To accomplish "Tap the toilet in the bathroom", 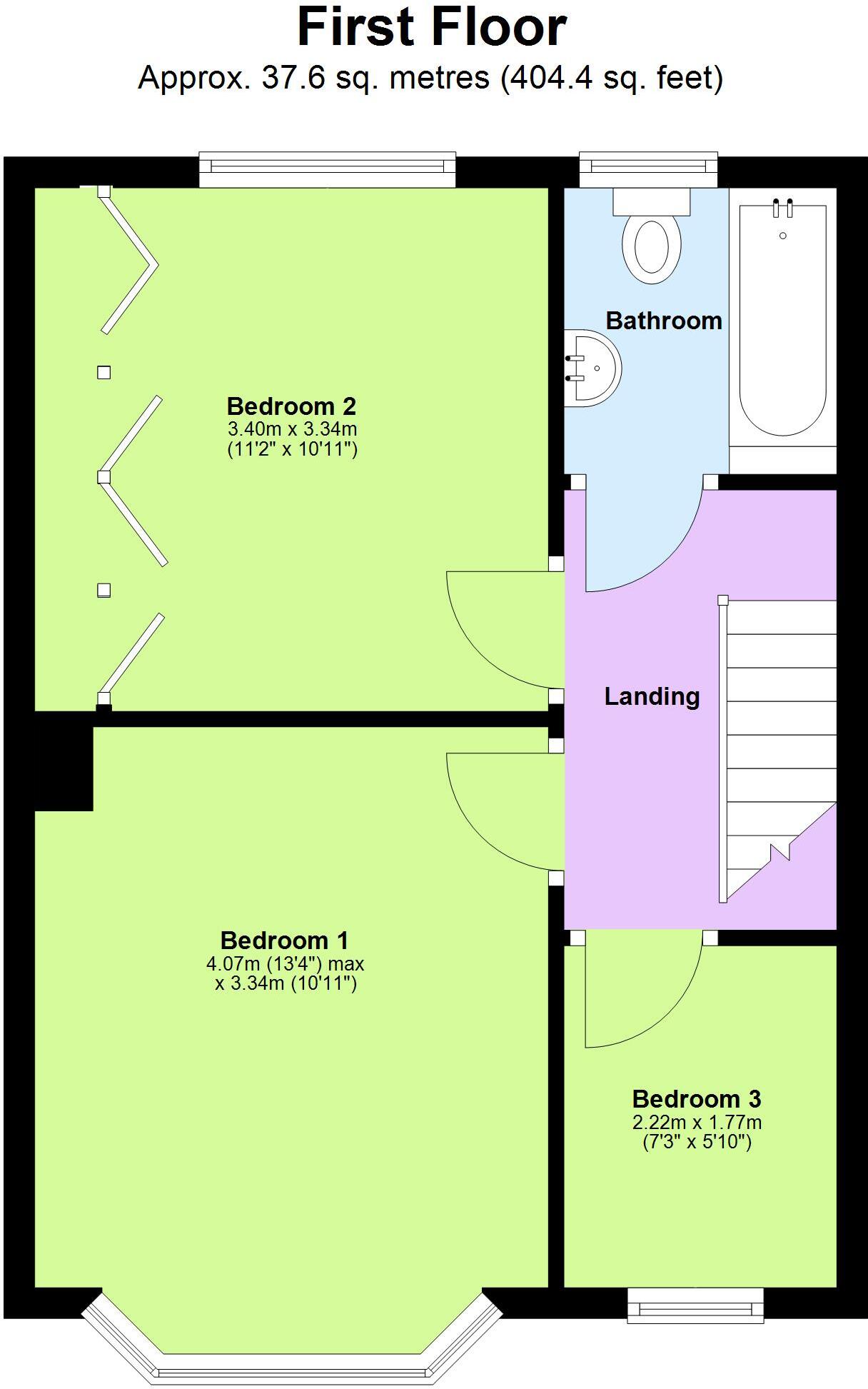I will [651, 239].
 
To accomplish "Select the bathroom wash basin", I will [591, 368].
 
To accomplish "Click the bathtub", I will [782, 321].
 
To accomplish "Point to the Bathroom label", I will [664, 321].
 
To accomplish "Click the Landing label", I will [652, 696].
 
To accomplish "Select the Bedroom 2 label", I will [291, 406].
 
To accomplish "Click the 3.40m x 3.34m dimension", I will [292, 429].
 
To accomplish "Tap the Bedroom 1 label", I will [284, 941].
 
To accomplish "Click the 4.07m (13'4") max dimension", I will [286, 964].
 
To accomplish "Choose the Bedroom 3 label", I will [697, 1098].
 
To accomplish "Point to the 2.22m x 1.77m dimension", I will [697, 1122].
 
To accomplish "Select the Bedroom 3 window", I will [695, 1305].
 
